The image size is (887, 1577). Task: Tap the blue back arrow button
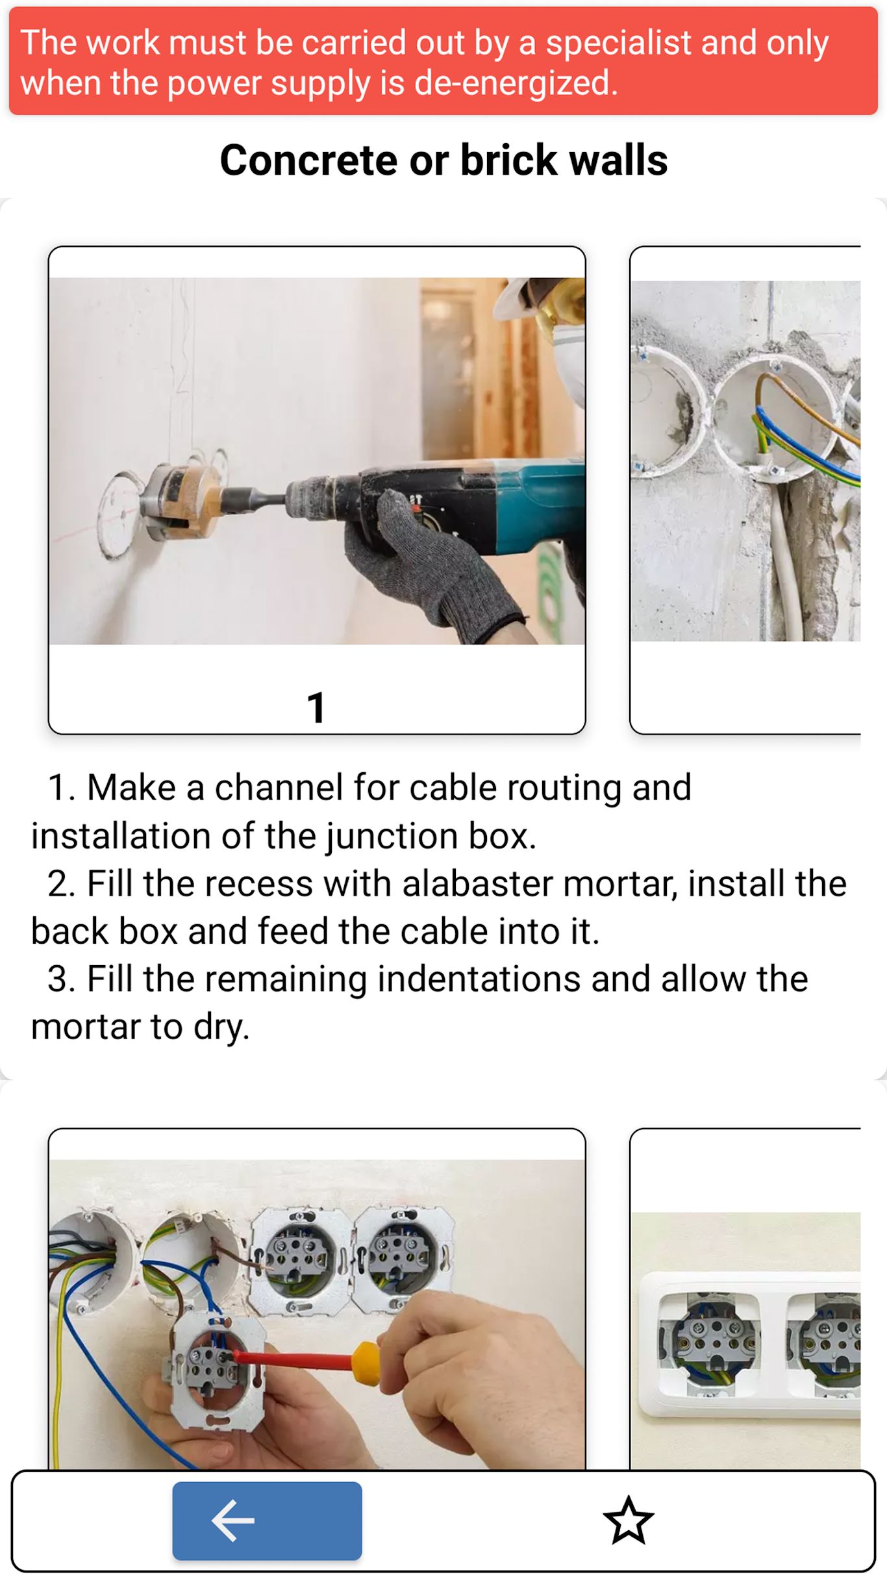coord(267,1520)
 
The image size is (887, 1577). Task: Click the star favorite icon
coord(628,1520)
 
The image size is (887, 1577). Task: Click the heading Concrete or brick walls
coord(443,160)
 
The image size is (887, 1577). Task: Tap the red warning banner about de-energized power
coord(443,61)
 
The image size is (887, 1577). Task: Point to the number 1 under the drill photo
coord(316,707)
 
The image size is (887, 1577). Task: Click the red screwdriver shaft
coord(292,1359)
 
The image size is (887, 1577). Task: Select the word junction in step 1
coord(392,836)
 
